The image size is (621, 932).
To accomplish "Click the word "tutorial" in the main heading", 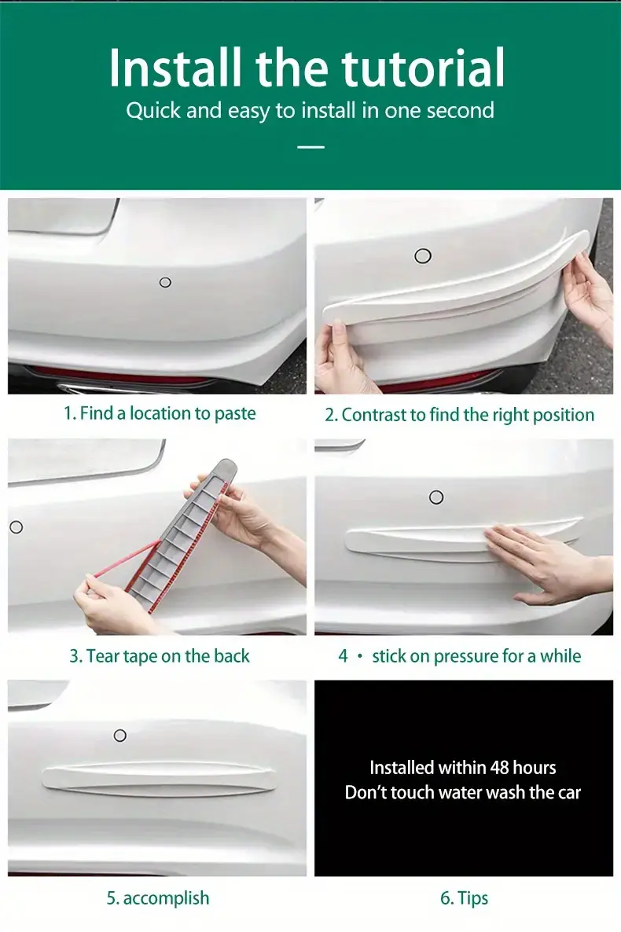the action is click(x=423, y=68).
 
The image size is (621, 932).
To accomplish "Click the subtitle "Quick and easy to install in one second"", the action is click(x=310, y=111).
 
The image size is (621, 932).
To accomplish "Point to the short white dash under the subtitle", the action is click(x=310, y=147).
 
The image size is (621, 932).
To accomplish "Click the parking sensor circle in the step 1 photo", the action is click(x=165, y=282).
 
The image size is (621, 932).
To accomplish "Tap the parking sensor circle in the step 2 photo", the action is click(x=423, y=256).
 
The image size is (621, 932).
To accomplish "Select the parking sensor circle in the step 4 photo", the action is click(x=436, y=497).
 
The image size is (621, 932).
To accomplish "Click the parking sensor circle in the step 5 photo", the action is click(x=120, y=736).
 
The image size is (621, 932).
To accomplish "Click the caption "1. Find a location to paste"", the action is click(x=160, y=413).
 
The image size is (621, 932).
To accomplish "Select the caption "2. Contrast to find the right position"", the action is click(x=459, y=415).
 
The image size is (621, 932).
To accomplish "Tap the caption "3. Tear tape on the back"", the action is click(x=160, y=655).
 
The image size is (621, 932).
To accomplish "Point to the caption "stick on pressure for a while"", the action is click(x=476, y=655).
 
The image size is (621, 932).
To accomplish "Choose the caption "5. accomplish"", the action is click(x=158, y=897).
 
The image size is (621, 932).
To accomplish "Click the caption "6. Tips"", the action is click(x=464, y=897).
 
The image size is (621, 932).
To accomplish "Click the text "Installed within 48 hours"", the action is click(x=463, y=767).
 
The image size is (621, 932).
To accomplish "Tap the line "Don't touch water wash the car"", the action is click(x=463, y=792).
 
